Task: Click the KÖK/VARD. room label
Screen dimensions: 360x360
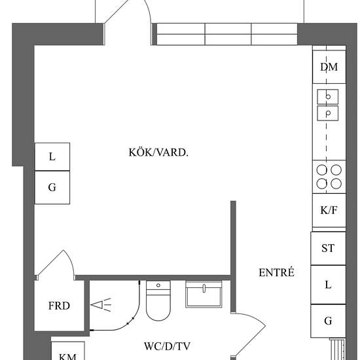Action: pos(158,153)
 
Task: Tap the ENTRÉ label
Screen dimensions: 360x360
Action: pos(276,272)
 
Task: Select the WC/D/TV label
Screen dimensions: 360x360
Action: pos(167,346)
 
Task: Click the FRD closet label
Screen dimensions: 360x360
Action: pos(59,306)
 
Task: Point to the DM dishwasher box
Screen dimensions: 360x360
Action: pos(329,67)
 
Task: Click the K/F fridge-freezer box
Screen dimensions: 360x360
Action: pos(329,210)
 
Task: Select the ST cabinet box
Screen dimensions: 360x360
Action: pos(328,249)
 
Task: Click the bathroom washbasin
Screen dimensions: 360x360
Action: pos(204,294)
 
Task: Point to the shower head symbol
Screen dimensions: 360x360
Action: pos(101,305)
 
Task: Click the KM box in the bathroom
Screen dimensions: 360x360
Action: pos(67,351)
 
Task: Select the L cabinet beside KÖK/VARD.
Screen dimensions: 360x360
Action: pos(52,157)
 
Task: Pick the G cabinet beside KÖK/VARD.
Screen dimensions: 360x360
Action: pos(52,187)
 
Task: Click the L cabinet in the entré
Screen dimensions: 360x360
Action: pos(328,285)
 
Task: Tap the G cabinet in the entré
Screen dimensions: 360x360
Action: pos(328,321)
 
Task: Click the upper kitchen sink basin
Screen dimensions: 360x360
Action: pos(328,97)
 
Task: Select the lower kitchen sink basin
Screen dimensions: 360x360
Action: pos(328,113)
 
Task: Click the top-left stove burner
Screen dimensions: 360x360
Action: pos(321,170)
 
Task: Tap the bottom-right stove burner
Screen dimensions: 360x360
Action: pos(336,184)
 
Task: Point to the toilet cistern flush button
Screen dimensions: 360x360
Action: pos(158,285)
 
